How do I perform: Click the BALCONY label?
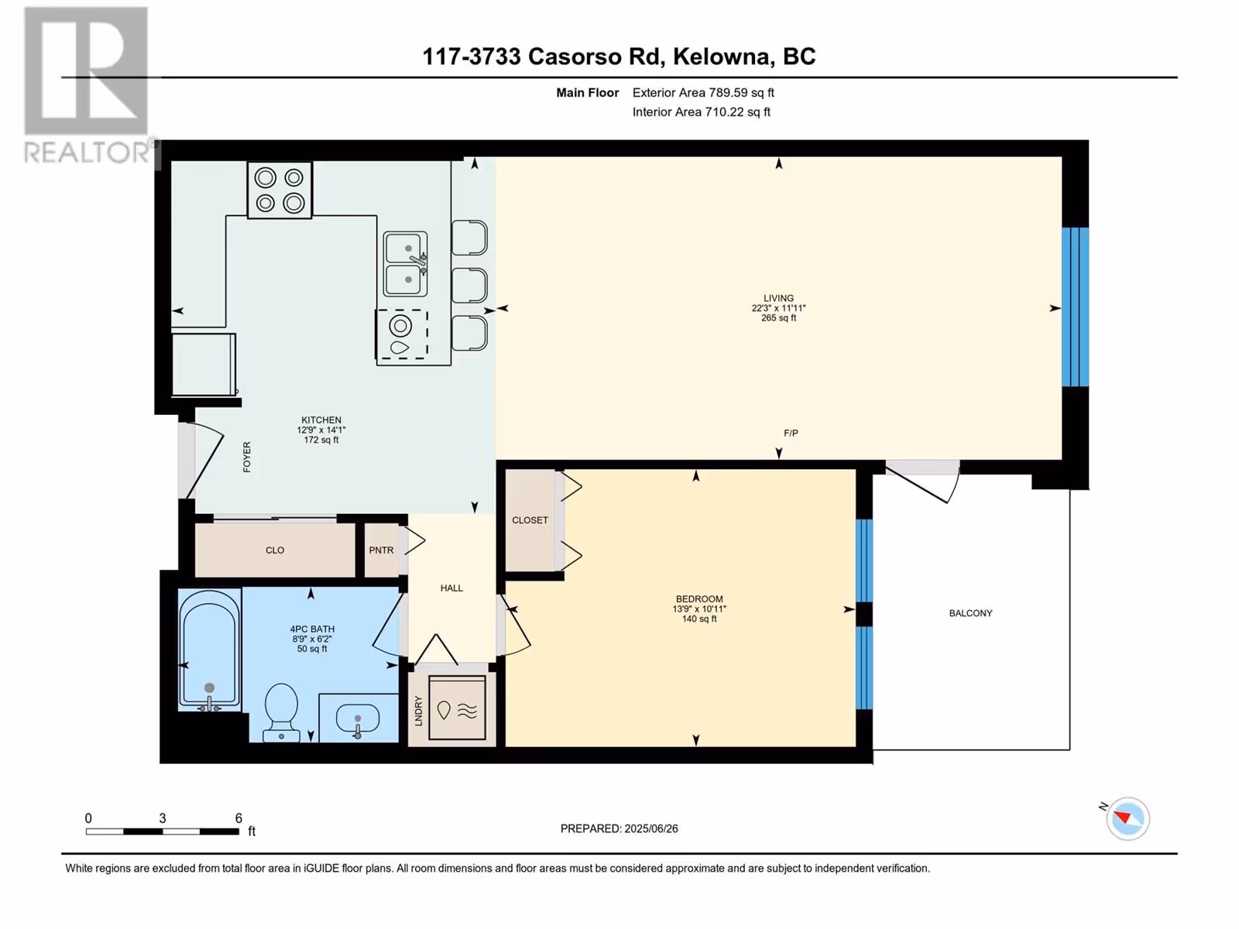[970, 613]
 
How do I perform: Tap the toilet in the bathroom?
[281, 712]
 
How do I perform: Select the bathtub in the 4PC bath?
[209, 650]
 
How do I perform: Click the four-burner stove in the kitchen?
[280, 190]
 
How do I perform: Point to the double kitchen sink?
[405, 264]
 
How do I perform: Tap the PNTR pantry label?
[381, 550]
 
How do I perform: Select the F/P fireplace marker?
[791, 434]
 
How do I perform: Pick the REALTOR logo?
[88, 86]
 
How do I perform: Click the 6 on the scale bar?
[239, 818]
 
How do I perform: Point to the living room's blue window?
[1076, 307]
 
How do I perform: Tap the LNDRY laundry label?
[418, 711]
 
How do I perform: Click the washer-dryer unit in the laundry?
[457, 708]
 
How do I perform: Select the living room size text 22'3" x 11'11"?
[778, 308]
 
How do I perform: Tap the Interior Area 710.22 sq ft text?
[701, 111]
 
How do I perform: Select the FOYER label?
[247, 458]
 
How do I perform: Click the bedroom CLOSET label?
[530, 520]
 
